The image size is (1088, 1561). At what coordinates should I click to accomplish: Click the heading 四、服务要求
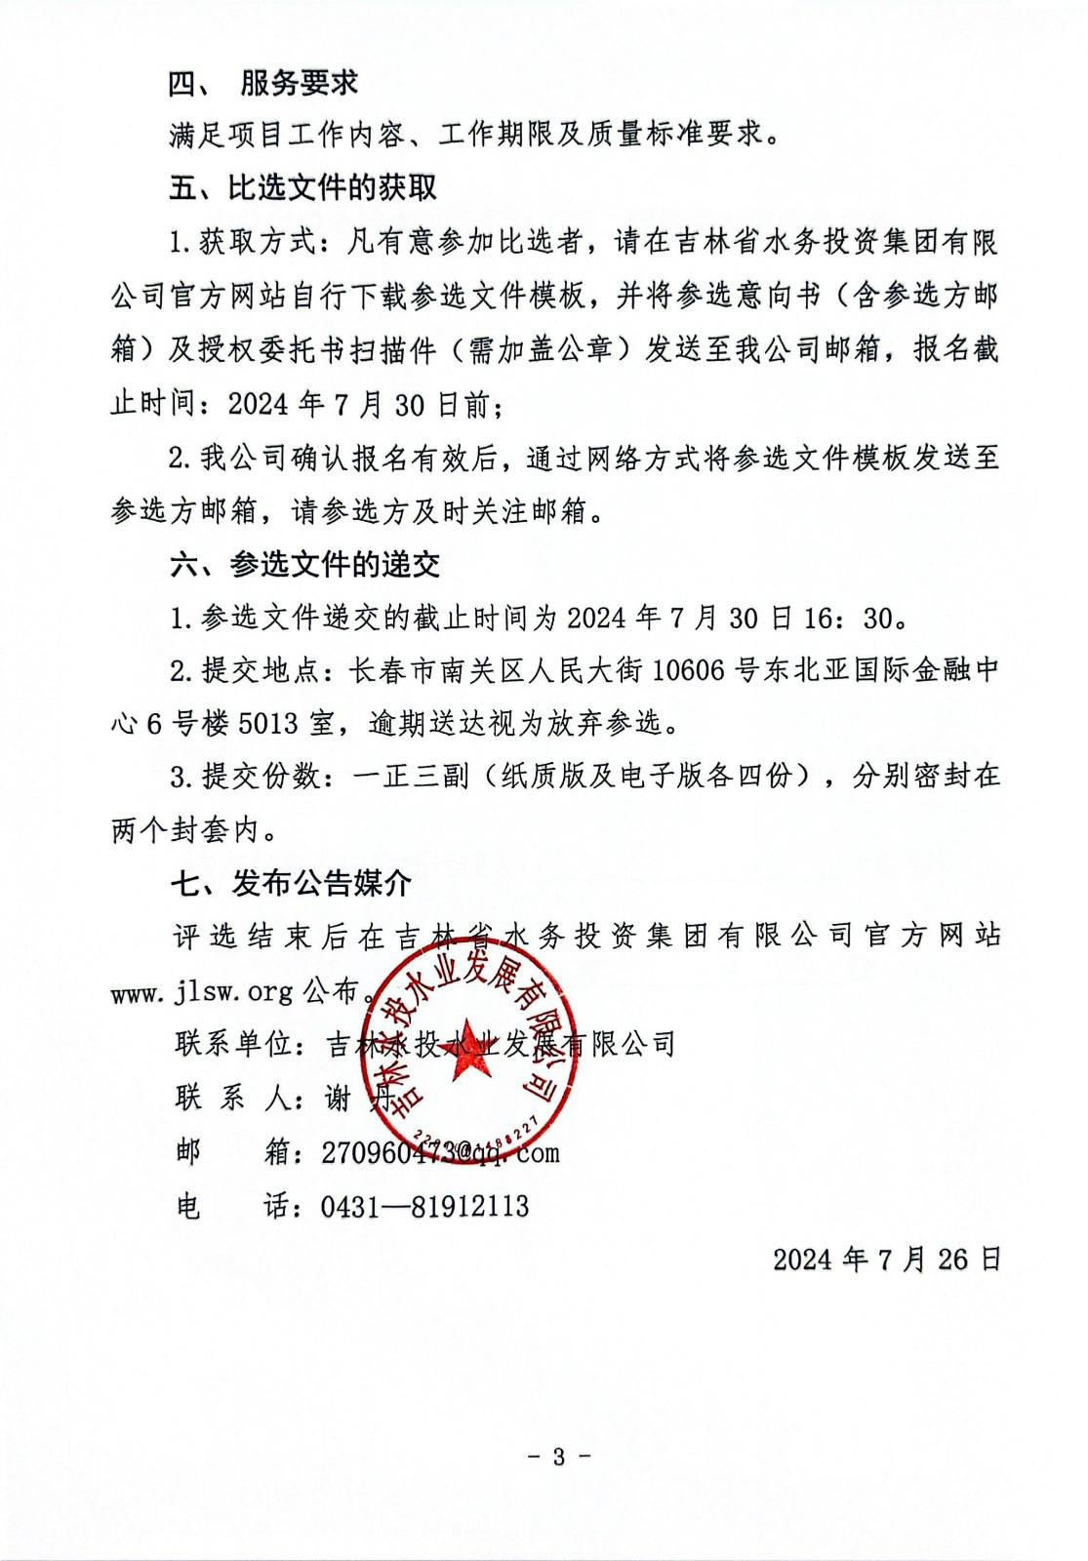(x=263, y=83)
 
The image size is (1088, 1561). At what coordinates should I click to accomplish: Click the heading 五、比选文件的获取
(x=302, y=187)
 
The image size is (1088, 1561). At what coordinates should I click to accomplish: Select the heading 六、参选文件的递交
(x=304, y=564)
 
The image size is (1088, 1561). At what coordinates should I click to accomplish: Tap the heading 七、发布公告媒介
(x=291, y=883)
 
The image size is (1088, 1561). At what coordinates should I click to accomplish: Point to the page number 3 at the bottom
(x=559, y=1457)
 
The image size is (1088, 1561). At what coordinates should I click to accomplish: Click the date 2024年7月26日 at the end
(x=887, y=1260)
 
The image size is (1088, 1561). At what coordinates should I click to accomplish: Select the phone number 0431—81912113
(x=424, y=1207)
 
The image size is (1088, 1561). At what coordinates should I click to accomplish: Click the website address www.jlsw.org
(x=202, y=992)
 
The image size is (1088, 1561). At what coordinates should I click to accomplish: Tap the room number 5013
(x=267, y=723)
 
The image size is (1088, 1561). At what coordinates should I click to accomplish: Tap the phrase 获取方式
(x=258, y=242)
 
